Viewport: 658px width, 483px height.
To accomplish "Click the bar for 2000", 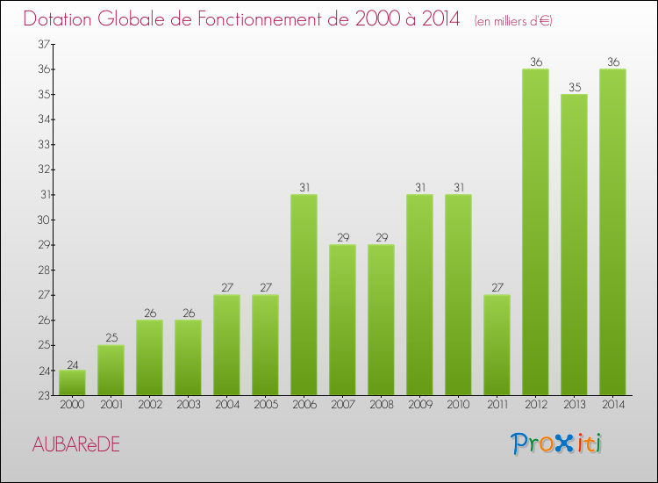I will pos(72,383).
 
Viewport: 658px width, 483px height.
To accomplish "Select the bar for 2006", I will pos(304,295).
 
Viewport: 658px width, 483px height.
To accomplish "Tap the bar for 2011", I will pos(497,345).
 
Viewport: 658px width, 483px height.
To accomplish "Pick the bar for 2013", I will pos(574,245).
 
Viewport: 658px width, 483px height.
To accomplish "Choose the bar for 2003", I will pos(188,357).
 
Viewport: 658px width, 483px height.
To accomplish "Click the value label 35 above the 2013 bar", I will pos(574,87).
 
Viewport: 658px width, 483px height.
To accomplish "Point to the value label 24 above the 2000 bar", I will pos(72,364).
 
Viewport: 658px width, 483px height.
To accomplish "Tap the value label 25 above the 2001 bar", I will pos(111,338).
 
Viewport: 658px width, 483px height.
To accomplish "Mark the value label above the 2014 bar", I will pos(612,62).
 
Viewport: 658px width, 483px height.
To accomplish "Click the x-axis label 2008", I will pos(381,406).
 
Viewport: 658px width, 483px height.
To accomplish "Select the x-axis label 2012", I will pos(535,406).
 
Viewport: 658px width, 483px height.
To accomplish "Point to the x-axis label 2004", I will pos(226,406).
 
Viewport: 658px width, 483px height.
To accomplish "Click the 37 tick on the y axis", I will pos(42,44).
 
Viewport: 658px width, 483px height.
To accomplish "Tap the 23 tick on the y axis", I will pos(42,395).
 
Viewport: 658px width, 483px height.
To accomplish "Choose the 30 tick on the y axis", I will pos(42,220).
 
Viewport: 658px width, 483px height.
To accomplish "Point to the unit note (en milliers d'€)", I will pos(513,21).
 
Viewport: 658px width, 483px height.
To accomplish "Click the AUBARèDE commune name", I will pos(75,445).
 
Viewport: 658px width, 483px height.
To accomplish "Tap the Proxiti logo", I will pos(558,443).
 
